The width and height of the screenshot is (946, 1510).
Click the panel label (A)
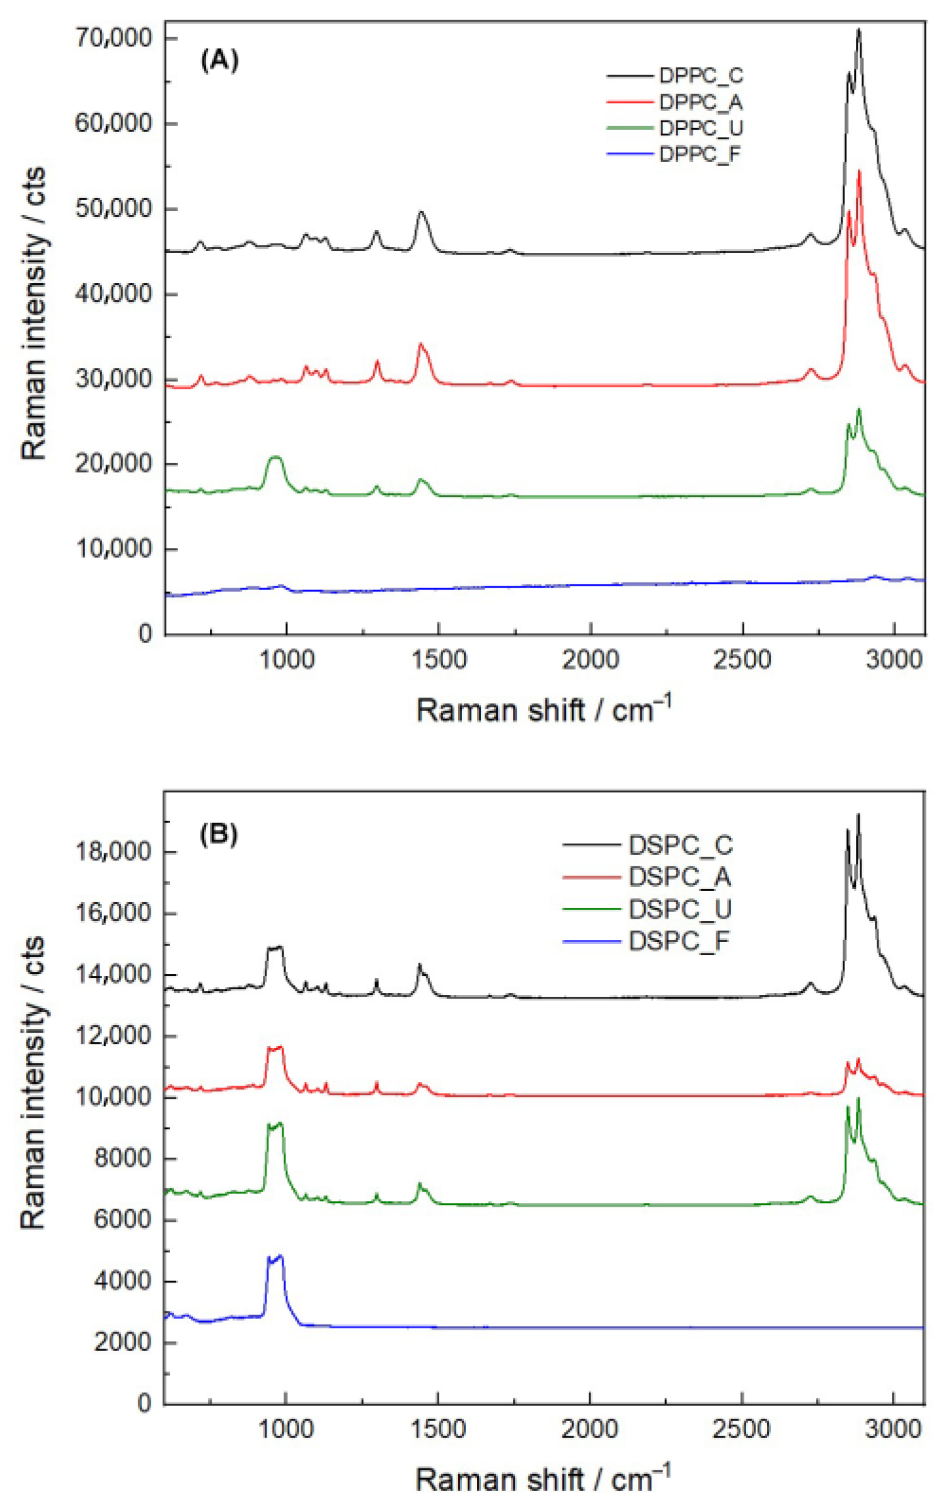(x=219, y=61)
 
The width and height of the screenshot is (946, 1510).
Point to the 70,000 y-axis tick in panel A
(x=113, y=38)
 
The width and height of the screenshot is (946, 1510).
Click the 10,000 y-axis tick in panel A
(x=113, y=549)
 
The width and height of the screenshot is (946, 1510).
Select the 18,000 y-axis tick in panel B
(x=113, y=852)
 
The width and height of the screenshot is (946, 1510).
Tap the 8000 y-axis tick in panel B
(x=122, y=1158)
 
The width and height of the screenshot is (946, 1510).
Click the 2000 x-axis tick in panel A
(x=591, y=659)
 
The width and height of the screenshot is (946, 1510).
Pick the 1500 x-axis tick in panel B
(x=437, y=1429)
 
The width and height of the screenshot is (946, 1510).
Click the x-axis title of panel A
(x=543, y=709)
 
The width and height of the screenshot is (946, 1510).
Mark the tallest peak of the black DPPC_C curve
(x=858, y=30)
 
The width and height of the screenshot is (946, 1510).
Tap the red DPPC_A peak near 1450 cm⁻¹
(x=420, y=344)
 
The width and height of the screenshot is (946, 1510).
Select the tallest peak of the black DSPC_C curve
(x=858, y=815)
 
